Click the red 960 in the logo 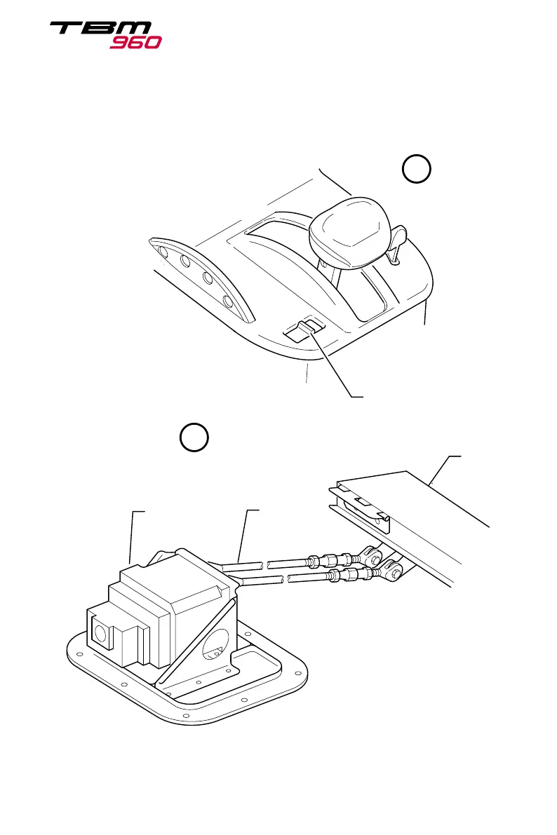[x=135, y=42]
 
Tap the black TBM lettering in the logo [x=100, y=29]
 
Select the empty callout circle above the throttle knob [x=416, y=170]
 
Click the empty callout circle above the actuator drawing [x=194, y=437]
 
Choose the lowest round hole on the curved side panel [x=228, y=303]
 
